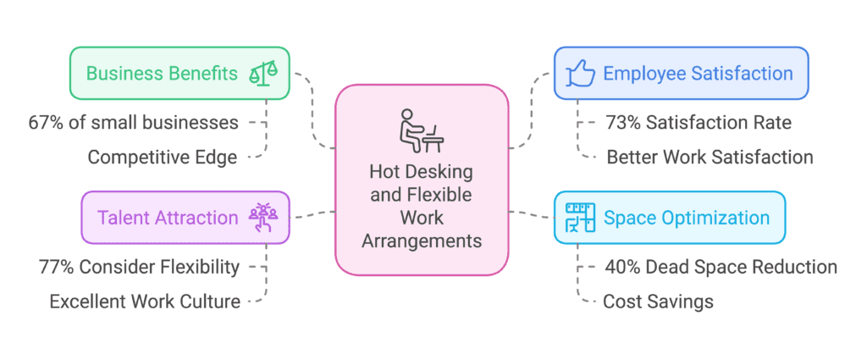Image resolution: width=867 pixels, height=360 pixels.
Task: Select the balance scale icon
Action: (x=268, y=74)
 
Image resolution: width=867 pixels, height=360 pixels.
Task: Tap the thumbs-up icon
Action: (x=579, y=74)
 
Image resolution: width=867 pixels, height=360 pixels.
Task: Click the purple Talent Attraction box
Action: (x=185, y=218)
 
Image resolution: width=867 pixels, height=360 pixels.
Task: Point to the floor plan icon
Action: (x=579, y=218)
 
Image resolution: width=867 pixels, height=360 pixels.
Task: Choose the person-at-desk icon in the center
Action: (x=421, y=126)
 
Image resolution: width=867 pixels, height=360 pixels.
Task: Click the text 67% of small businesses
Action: (x=133, y=123)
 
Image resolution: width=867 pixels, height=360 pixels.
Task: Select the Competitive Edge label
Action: (x=163, y=157)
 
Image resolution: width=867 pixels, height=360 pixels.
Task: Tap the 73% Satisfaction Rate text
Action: (x=698, y=123)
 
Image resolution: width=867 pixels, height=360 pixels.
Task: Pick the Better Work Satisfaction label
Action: (x=710, y=157)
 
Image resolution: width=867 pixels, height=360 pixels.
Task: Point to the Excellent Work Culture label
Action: (x=145, y=301)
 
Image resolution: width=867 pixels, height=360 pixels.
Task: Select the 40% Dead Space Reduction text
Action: (x=721, y=267)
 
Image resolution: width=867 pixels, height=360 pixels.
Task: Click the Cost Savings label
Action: (x=658, y=301)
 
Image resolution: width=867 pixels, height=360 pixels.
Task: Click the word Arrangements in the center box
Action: (x=421, y=241)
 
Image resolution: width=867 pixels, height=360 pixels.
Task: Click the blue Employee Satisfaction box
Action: (x=681, y=74)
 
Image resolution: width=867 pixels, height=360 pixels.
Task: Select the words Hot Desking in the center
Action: (x=421, y=172)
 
